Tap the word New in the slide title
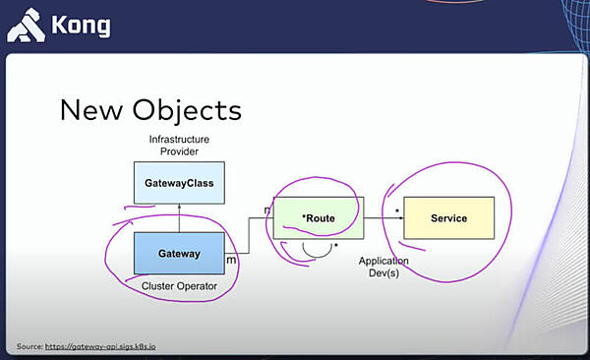94,108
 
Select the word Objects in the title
187,109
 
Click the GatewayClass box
179,183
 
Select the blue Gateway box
179,254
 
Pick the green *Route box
318,217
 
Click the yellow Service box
448,217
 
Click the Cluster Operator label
179,286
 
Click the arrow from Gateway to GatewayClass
179,218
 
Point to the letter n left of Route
267,210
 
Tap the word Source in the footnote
31,347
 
